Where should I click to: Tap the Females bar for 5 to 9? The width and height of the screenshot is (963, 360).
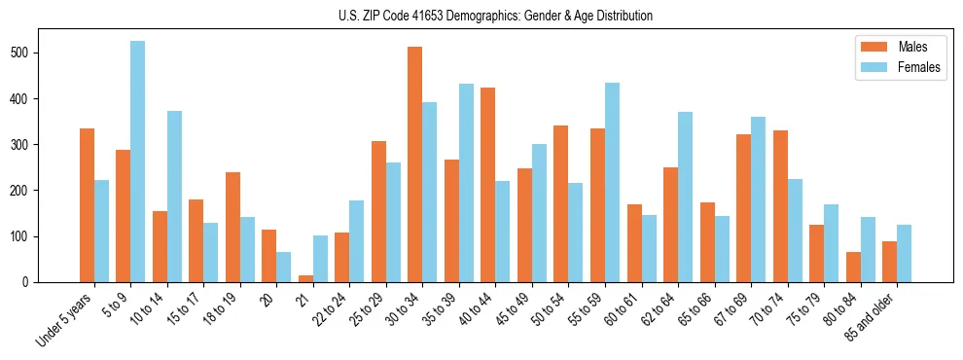click(138, 162)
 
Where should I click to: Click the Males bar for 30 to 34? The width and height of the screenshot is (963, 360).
click(415, 164)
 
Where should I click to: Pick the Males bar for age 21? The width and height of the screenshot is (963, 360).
click(305, 278)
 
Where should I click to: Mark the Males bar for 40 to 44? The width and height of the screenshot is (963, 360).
click(488, 185)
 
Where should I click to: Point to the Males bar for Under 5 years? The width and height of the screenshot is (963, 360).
click(87, 205)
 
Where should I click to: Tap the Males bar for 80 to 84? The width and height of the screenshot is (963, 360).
click(853, 268)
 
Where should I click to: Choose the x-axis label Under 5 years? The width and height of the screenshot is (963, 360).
click(66, 317)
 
